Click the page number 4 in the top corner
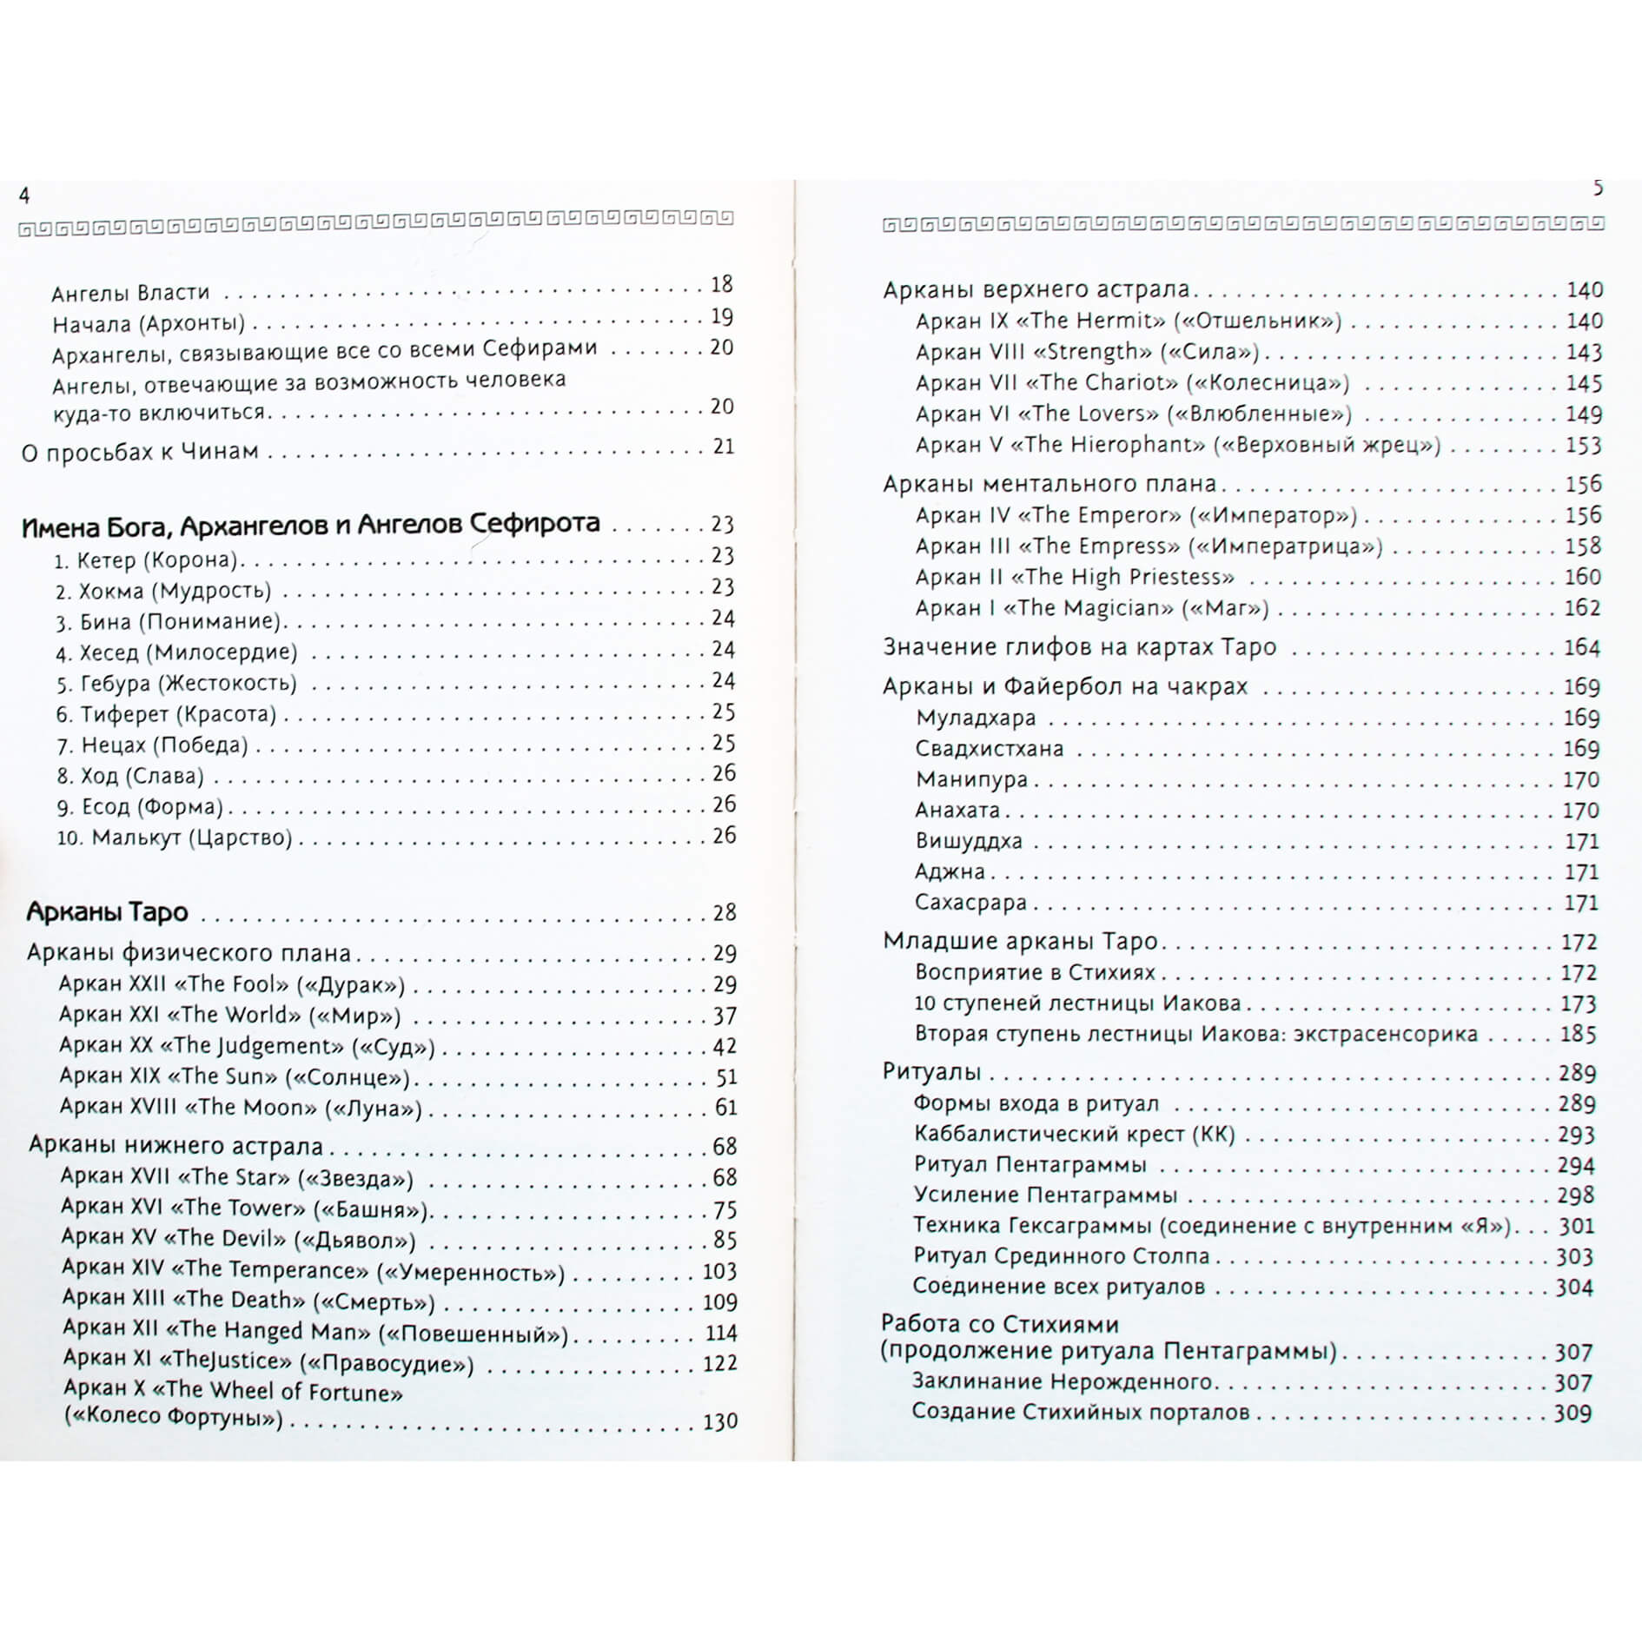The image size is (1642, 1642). [x=24, y=196]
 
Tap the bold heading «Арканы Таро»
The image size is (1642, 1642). [x=107, y=911]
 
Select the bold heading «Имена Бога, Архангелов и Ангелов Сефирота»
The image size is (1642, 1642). [x=310, y=524]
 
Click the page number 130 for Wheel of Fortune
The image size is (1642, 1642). [x=719, y=1421]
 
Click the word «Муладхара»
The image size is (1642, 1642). [x=976, y=718]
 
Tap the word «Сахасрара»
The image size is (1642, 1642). [x=970, y=903]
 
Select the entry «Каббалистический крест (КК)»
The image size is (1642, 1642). [x=1074, y=1135]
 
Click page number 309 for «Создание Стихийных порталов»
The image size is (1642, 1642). [x=1572, y=1413]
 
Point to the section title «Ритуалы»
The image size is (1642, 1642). [x=931, y=1072]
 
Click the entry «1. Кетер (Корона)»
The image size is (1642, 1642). [x=146, y=560]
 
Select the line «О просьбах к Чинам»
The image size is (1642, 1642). [x=140, y=452]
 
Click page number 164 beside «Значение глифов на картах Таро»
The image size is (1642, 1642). [x=1581, y=647]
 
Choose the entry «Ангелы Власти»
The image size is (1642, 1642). [x=130, y=294]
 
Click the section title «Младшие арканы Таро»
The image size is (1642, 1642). [x=1020, y=942]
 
